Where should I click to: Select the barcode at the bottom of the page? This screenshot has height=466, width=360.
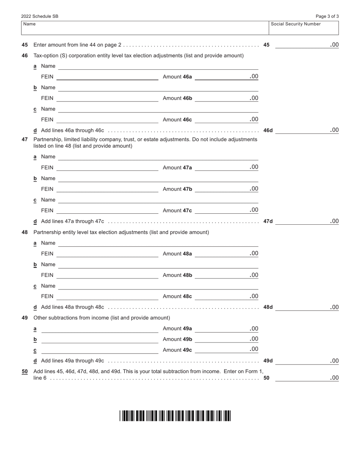[175, 416]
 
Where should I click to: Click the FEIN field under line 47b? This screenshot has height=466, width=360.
[107, 189]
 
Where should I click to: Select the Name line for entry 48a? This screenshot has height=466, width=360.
[158, 243]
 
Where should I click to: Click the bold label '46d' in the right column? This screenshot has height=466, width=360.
[268, 130]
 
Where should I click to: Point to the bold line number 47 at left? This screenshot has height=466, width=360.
[25, 139]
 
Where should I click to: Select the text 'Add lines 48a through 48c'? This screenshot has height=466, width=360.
[72, 307]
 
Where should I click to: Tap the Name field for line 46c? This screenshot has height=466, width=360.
[158, 109]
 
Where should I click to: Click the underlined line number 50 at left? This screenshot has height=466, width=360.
[25, 372]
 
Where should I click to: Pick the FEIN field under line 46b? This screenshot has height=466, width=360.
[107, 99]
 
